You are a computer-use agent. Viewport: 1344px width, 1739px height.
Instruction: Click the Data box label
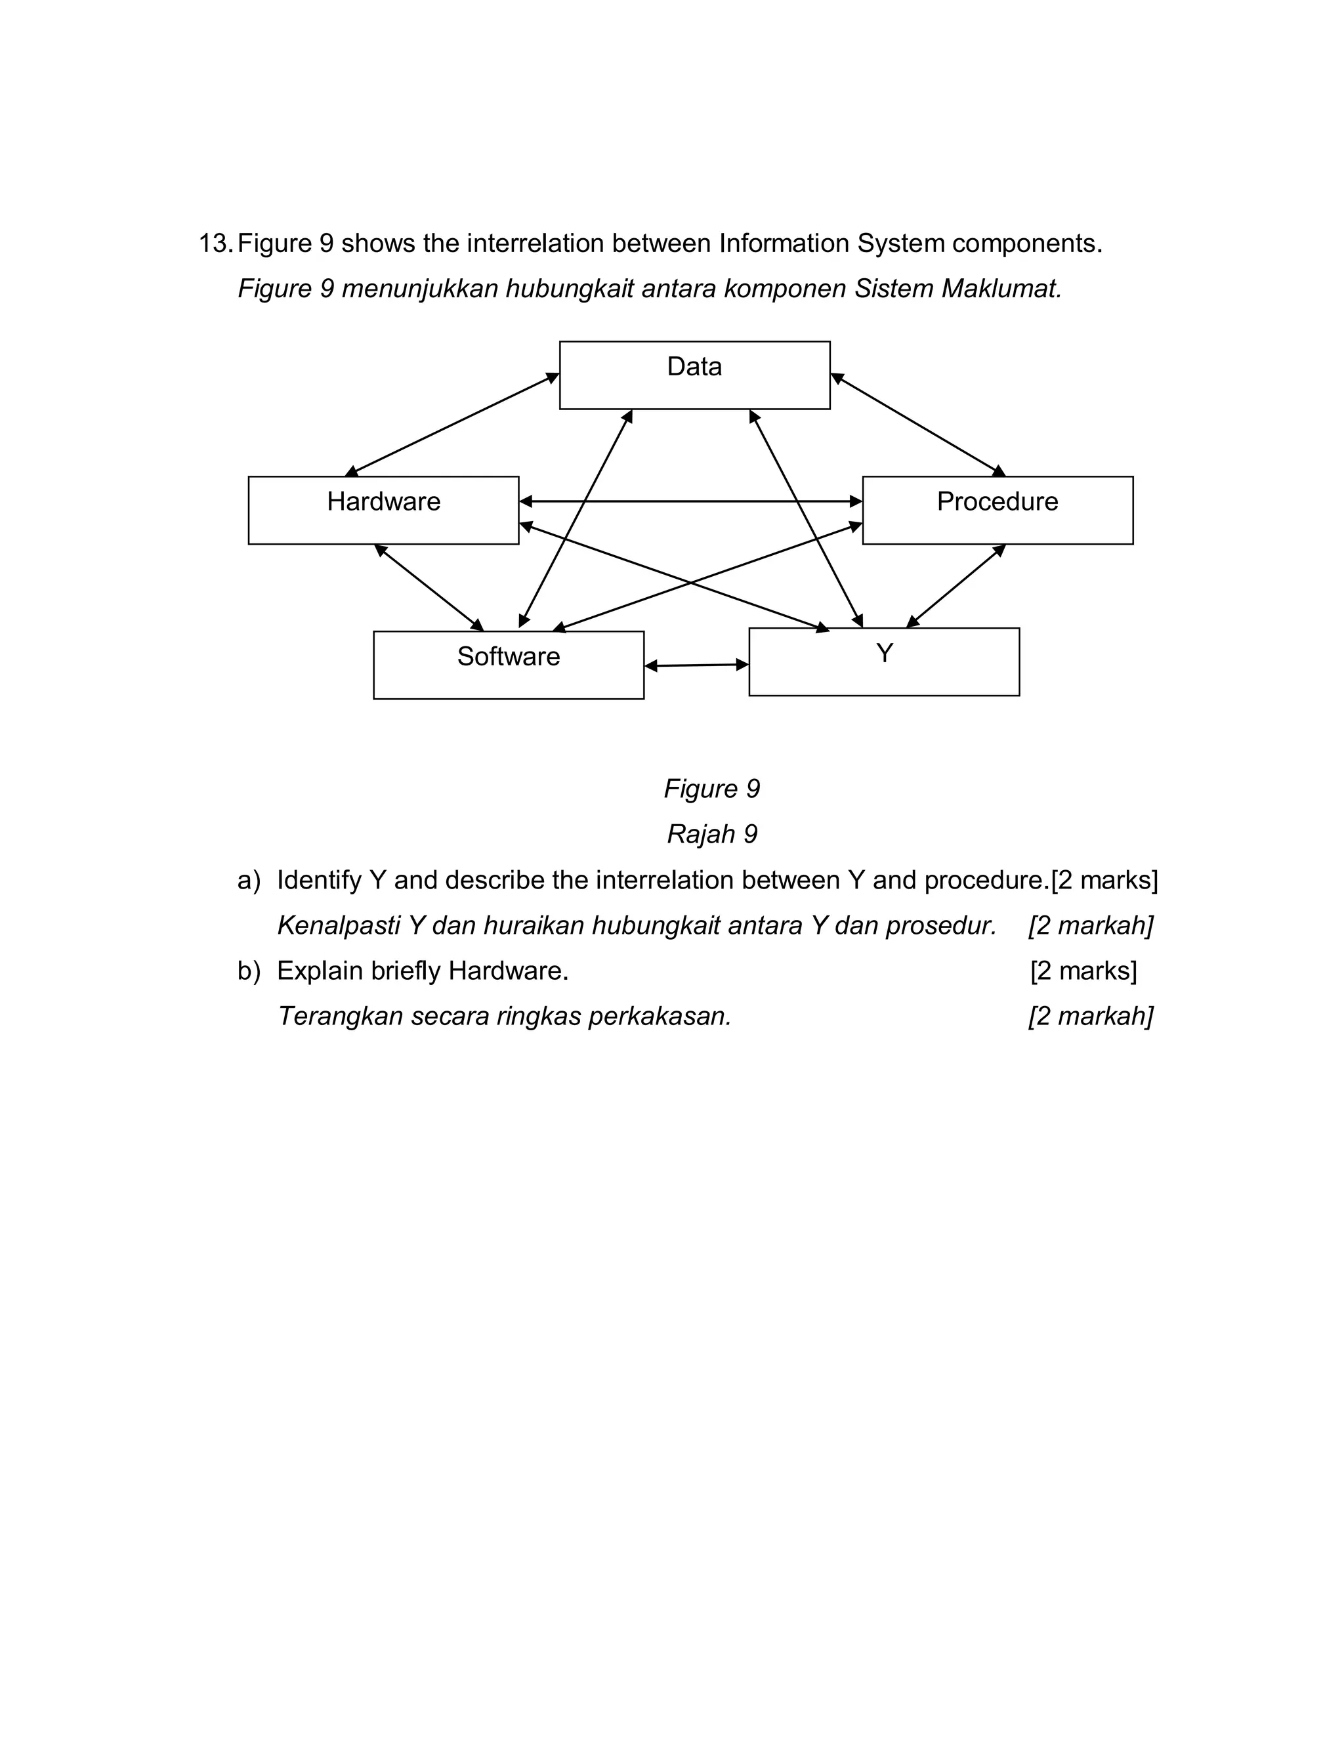click(694, 367)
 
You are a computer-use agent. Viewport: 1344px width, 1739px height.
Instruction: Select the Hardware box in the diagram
click(383, 511)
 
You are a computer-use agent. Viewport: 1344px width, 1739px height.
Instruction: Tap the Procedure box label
click(997, 501)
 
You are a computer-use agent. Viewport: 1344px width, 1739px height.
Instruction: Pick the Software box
click(508, 665)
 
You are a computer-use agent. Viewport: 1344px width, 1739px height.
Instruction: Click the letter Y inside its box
click(884, 653)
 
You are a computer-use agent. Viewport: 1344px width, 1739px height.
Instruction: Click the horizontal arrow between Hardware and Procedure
click(690, 501)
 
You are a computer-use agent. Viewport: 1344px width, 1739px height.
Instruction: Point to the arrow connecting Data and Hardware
click(451, 425)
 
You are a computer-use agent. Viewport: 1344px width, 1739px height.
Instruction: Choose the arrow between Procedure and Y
click(955, 586)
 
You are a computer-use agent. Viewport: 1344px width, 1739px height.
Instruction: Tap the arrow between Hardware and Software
click(429, 587)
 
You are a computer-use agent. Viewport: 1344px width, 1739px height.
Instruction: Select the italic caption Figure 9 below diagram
click(712, 789)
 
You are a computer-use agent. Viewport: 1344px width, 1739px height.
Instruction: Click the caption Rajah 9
click(712, 835)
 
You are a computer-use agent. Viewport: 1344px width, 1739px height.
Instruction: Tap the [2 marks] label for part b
click(1083, 971)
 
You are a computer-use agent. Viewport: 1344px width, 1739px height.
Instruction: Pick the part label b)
click(249, 971)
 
